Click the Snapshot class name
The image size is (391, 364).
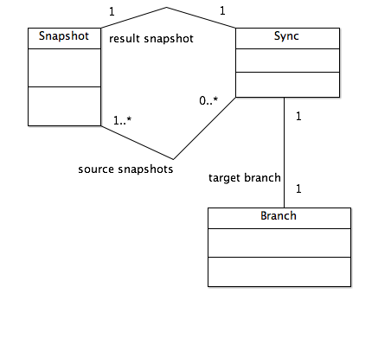(64, 36)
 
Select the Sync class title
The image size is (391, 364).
(286, 36)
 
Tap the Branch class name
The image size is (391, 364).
(279, 216)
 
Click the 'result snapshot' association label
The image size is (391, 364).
(151, 39)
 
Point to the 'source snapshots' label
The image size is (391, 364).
(125, 169)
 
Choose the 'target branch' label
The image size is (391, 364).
(245, 178)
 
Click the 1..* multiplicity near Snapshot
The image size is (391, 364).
(122, 120)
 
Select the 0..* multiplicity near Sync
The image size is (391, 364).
(208, 100)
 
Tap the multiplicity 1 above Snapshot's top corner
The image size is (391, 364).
(112, 11)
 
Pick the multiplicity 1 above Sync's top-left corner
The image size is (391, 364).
(222, 10)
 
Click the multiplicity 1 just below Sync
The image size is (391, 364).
(298, 116)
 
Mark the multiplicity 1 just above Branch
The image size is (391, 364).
(298, 188)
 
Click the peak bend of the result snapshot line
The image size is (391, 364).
(167, 8)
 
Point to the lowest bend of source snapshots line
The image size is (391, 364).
(173, 159)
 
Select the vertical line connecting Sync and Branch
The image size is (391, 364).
(284, 152)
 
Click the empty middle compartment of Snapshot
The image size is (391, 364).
(64, 67)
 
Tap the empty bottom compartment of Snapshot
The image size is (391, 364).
(64, 106)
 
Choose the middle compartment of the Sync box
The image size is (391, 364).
(287, 61)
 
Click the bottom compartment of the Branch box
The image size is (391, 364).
(279, 271)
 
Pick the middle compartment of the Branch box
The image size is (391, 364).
(279, 243)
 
